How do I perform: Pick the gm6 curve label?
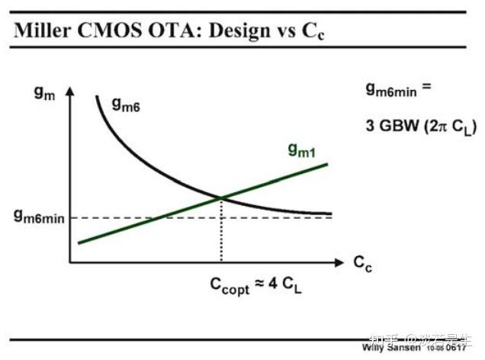[x=126, y=106]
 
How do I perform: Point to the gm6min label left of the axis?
[x=38, y=217]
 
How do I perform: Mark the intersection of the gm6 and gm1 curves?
[x=220, y=198]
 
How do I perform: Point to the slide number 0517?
[x=455, y=349]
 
